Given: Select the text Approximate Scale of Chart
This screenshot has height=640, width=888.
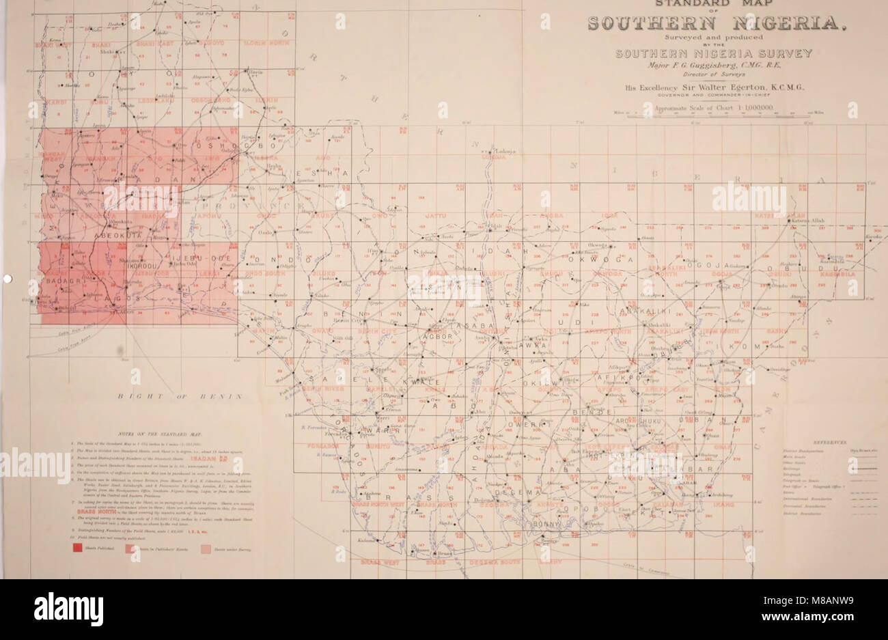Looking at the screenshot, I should tap(696, 108).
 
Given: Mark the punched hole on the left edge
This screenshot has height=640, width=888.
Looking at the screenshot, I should tap(6, 278).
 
